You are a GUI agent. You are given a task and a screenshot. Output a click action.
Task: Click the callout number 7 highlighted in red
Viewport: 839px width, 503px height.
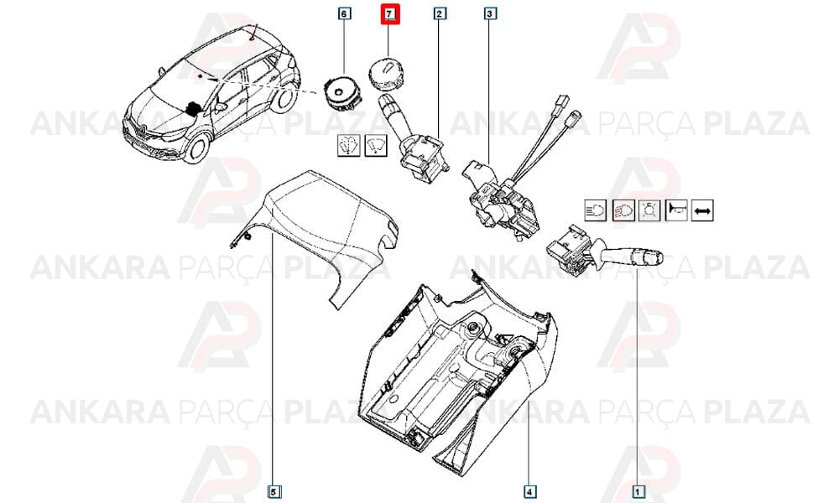(389, 13)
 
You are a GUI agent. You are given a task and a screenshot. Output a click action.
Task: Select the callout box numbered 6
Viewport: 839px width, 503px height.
(344, 13)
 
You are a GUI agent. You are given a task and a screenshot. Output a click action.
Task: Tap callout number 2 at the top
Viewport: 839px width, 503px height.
(440, 13)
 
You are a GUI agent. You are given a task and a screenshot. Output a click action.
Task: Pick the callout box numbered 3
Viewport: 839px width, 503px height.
(490, 13)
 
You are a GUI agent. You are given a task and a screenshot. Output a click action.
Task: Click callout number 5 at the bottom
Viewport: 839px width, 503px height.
(274, 491)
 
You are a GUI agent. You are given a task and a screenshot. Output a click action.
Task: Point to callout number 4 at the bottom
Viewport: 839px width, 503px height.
(529, 491)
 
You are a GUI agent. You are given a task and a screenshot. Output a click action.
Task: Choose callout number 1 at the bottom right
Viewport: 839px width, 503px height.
(638, 491)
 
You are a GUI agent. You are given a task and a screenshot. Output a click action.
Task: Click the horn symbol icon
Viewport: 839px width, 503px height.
(675, 210)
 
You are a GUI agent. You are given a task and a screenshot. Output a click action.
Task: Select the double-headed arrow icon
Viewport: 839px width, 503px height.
(702, 210)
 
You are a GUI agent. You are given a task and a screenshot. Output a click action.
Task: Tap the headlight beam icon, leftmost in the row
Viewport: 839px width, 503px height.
(596, 210)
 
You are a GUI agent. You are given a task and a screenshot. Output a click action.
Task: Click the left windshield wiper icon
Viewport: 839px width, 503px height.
(349, 145)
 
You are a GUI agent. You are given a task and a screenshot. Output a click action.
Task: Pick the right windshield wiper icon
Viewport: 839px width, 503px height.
(376, 145)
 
